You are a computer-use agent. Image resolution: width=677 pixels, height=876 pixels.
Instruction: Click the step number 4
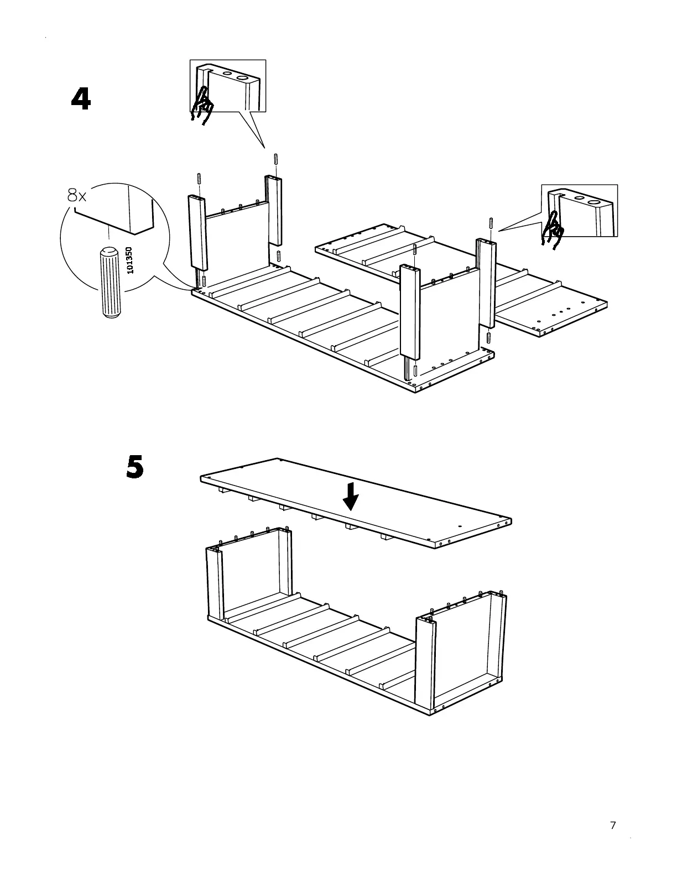pos(81,100)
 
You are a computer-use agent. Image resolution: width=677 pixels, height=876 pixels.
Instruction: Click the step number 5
pos(135,468)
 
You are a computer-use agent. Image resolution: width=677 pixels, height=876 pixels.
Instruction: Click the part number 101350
pos(129,260)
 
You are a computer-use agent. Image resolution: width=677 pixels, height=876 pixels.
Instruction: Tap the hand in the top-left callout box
pos(202,105)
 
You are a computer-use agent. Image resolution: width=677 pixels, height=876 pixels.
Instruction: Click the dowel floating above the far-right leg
pos(491,223)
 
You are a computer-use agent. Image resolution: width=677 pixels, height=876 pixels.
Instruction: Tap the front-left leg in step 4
pos(197,232)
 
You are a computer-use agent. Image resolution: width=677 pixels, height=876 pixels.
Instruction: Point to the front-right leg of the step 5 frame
pos(426,664)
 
